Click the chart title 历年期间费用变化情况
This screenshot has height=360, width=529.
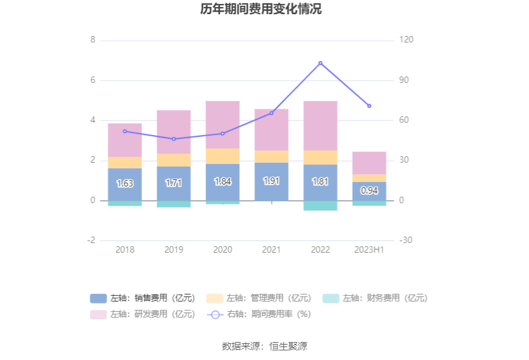pyautogui.click(x=264, y=10)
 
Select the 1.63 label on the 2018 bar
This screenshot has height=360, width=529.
pyautogui.click(x=125, y=183)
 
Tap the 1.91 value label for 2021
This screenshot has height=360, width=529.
pyautogui.click(x=271, y=181)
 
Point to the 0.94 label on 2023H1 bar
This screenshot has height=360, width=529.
pyautogui.click(x=369, y=190)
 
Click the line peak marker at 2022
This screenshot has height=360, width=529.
pyautogui.click(x=320, y=63)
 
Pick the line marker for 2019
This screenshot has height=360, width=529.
pyautogui.click(x=174, y=139)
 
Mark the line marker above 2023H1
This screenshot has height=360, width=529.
pyautogui.click(x=369, y=106)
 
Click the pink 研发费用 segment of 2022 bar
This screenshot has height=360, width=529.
pyautogui.click(x=320, y=125)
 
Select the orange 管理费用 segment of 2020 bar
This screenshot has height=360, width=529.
pyautogui.click(x=222, y=156)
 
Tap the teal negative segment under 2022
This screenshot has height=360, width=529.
pyautogui.click(x=320, y=206)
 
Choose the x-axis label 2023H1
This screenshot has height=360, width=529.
pyautogui.click(x=369, y=249)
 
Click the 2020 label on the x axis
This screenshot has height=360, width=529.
pyautogui.click(x=222, y=249)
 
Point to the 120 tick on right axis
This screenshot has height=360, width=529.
pyautogui.click(x=406, y=40)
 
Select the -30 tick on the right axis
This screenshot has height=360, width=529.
pyautogui.click(x=406, y=240)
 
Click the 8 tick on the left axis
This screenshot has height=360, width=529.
pyautogui.click(x=93, y=40)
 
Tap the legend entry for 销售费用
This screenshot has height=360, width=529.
pyautogui.click(x=142, y=298)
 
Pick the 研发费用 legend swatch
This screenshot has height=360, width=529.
pyautogui.click(x=98, y=314)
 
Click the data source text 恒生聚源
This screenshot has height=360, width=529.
pyautogui.click(x=264, y=346)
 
